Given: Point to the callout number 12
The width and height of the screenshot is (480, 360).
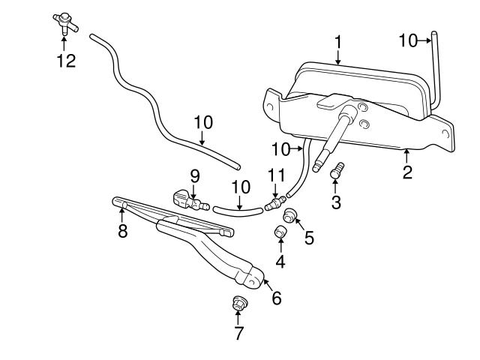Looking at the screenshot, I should (x=66, y=61).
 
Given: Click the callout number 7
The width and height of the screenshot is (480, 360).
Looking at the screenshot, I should (x=239, y=334).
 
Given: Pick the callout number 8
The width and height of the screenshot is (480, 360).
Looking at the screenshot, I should (x=123, y=231).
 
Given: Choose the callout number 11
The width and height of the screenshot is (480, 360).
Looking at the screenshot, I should (x=275, y=175).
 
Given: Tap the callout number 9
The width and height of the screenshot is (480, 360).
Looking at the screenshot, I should (x=194, y=177).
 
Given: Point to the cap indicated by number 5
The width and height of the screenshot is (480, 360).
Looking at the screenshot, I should (x=290, y=217).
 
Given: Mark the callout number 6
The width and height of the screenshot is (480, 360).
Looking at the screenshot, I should (x=276, y=298).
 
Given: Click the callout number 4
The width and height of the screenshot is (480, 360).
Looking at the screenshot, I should (x=280, y=262).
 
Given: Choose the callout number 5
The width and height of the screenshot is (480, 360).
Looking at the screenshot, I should (x=309, y=238).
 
